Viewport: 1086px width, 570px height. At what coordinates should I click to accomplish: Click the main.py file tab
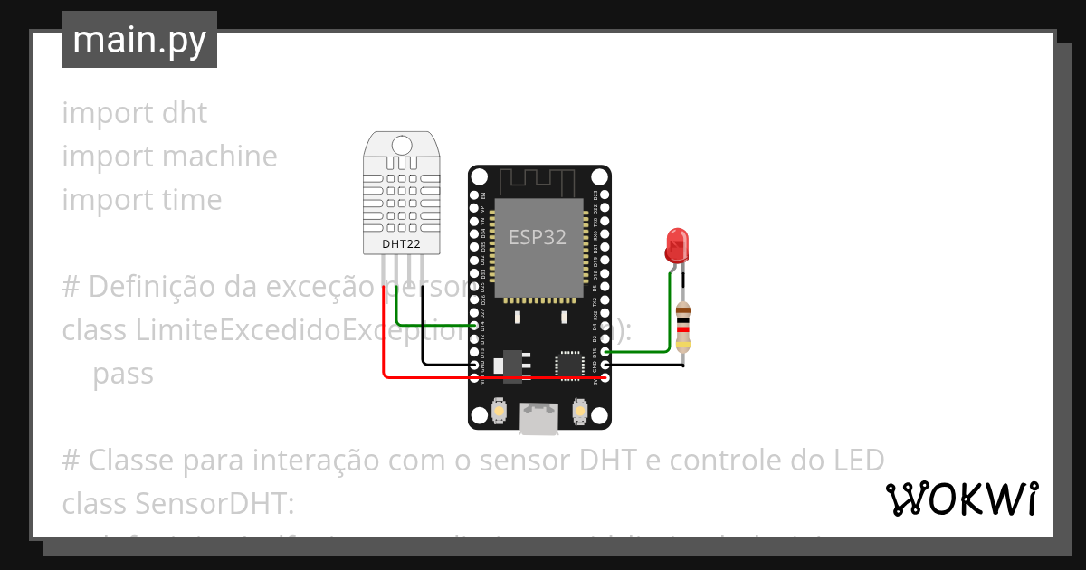point(139,40)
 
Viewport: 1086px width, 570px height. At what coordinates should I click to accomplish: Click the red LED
point(676,243)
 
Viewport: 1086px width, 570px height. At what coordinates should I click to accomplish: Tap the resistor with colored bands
point(683,327)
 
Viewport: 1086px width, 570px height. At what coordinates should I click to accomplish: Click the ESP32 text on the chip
point(537,237)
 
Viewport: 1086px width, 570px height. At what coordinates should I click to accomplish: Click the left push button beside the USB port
point(499,413)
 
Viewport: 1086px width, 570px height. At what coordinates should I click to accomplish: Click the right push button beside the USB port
point(580,413)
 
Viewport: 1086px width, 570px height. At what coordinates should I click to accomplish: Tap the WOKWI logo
point(960,499)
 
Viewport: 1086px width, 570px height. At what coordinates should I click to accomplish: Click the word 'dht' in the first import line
point(185,113)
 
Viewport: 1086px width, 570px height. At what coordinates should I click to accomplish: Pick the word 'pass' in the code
point(123,374)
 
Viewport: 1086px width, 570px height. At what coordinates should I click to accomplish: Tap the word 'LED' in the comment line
point(855,461)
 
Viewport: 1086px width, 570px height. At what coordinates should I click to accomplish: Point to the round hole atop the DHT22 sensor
point(401,144)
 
